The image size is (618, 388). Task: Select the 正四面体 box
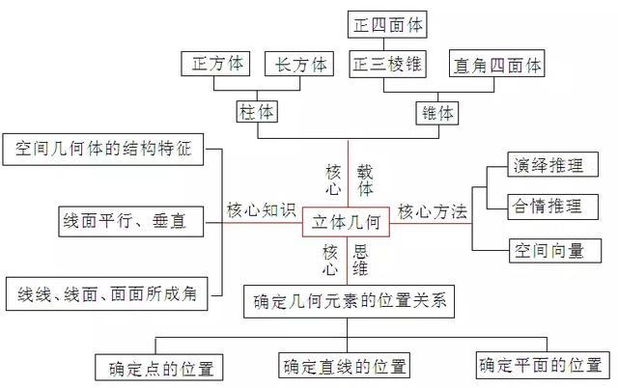[388, 24]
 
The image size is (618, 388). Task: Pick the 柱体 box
[256, 112]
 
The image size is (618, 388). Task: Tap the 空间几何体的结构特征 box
[104, 149]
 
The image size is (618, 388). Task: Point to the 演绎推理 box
[548, 166]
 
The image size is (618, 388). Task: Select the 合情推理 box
[548, 206]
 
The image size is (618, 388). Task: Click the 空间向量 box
[548, 251]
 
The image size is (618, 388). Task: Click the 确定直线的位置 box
[345, 367]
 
